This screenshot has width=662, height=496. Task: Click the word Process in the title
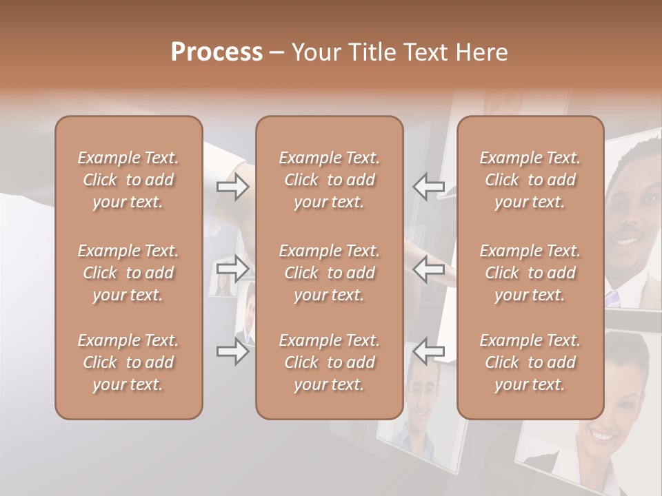pos(217,52)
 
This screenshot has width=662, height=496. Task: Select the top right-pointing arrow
pos(232,187)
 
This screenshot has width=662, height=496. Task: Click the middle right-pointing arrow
pos(232,268)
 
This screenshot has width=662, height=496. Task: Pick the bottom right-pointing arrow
pos(232,352)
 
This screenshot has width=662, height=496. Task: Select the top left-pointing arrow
pos(429,187)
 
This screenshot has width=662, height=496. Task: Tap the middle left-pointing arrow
pos(429,268)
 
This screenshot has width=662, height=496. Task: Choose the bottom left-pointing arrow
pos(429,352)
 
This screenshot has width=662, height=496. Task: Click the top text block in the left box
pos(128,180)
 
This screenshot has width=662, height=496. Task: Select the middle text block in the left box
pos(128,273)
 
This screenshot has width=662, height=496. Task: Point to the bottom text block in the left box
pos(128,362)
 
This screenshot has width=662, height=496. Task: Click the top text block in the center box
pos(329,180)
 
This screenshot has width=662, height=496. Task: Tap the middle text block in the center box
pos(329,273)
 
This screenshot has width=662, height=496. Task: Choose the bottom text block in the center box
pos(329,362)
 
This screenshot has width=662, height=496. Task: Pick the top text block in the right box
pos(530,180)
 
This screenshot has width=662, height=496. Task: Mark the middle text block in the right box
pos(530,273)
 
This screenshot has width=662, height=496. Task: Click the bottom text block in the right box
pos(530,362)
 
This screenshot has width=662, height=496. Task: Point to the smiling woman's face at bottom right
pos(617,420)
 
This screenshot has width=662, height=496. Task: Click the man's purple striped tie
pos(612,298)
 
